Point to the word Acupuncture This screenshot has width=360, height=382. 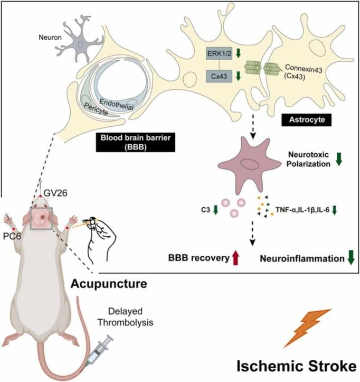109,284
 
